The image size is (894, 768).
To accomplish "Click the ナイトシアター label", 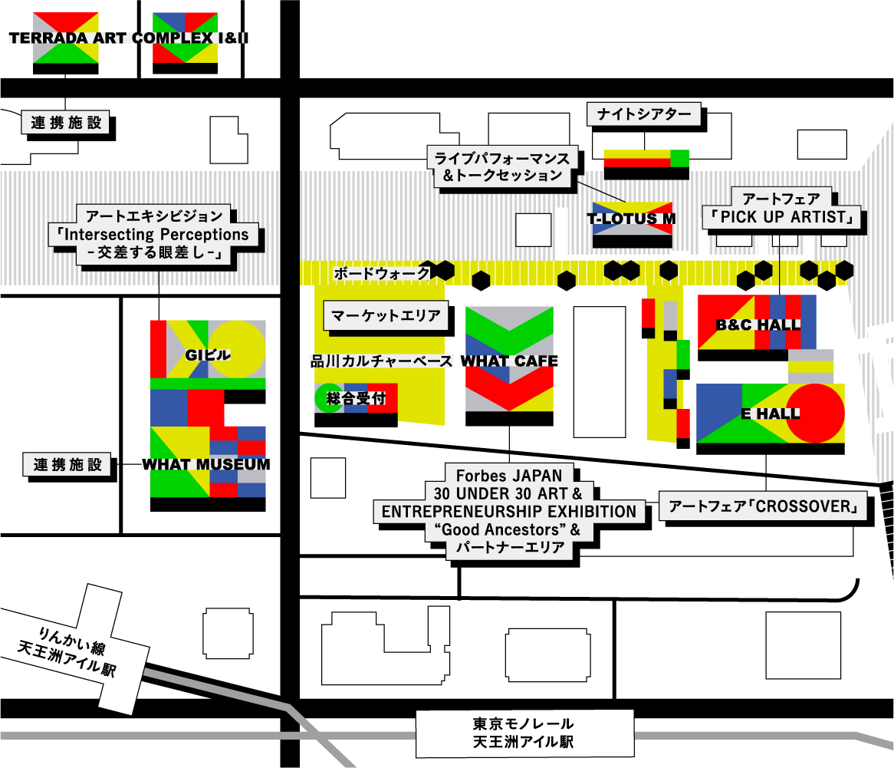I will pyautogui.click(x=644, y=115).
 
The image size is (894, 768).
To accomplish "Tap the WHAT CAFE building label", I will pyautogui.click(x=509, y=361).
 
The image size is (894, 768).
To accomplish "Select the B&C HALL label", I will pyautogui.click(x=758, y=325).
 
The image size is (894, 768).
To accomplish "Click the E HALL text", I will pyautogui.click(x=770, y=414).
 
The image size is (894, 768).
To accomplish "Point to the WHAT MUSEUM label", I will pyautogui.click(x=205, y=464).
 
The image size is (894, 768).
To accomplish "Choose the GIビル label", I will pyautogui.click(x=208, y=355).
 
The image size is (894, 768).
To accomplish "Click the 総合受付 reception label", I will pyautogui.click(x=355, y=398).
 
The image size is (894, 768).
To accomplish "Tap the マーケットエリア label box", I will pyautogui.click(x=386, y=315).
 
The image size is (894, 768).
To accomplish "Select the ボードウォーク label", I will pyautogui.click(x=381, y=273).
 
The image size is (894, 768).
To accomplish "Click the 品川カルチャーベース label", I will pyautogui.click(x=381, y=361).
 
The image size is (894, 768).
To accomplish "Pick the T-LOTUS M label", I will pyautogui.click(x=632, y=219).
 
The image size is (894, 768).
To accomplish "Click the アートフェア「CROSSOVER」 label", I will pyautogui.click(x=763, y=506).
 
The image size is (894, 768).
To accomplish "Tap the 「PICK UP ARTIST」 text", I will pyautogui.click(x=781, y=217).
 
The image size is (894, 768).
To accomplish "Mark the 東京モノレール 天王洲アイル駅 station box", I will pyautogui.click(x=524, y=733).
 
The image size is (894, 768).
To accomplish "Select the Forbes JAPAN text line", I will pyautogui.click(x=509, y=475).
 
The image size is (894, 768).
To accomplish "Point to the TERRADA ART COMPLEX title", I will pyautogui.click(x=127, y=38).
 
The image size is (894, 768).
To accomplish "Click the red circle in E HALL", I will pyautogui.click(x=815, y=413).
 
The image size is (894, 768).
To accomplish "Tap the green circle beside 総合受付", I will pyautogui.click(x=328, y=397).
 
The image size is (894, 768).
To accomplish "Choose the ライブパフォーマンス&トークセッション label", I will pyautogui.click(x=502, y=166).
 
